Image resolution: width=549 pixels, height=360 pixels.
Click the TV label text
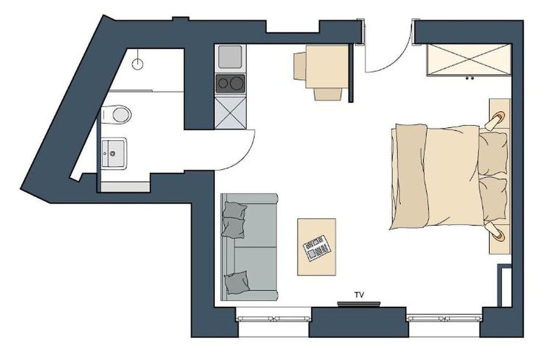(x=359, y=295)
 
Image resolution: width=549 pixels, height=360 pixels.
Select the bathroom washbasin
(x=114, y=153)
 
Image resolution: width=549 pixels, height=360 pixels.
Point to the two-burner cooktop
(x=231, y=84)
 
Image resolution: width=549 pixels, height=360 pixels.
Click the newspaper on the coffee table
(x=317, y=248)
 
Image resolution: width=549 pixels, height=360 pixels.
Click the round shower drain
(x=137, y=64)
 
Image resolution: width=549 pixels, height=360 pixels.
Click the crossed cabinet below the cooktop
(x=231, y=113)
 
